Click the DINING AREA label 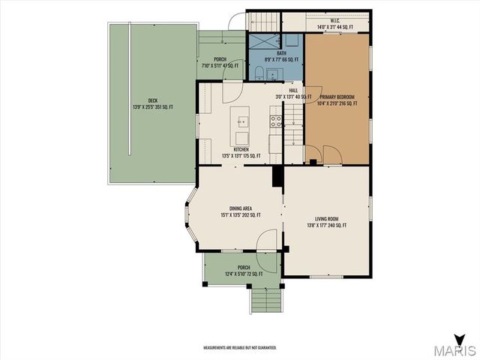point(240,211)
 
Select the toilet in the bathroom point(258,72)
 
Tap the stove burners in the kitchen point(275,121)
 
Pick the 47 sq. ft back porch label point(220,63)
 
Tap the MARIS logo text point(458,349)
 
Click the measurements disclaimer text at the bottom point(240,348)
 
